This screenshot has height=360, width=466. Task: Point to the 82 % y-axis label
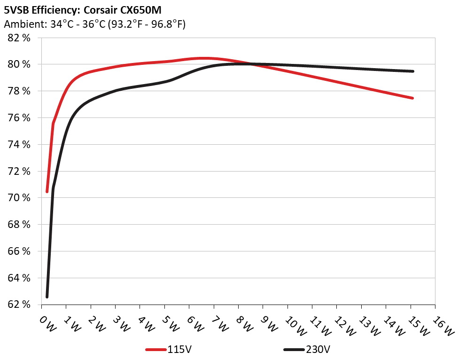(x=19, y=38)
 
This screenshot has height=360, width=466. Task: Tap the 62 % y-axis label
(x=19, y=305)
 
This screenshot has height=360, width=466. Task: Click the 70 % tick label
(x=19, y=198)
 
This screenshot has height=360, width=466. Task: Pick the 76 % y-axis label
(x=19, y=118)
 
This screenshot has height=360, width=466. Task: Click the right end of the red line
(x=412, y=98)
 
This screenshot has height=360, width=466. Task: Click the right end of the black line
(x=412, y=71)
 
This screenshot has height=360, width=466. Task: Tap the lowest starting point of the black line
(x=47, y=297)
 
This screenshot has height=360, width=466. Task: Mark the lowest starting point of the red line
(x=47, y=191)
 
